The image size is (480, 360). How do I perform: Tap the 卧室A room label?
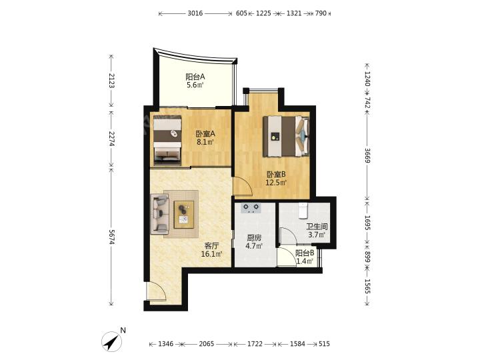205,134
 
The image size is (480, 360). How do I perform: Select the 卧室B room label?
276,175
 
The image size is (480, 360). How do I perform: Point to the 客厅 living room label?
211,245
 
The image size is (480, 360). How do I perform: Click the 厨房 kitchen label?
254,237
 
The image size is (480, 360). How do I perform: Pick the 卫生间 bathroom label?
317,227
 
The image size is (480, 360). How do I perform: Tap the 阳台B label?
305,253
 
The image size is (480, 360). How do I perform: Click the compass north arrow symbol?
112,341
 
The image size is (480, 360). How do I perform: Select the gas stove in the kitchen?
251,208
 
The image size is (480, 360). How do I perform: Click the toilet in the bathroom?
303,211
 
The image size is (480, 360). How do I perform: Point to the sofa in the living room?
159,214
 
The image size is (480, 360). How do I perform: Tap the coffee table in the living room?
184,214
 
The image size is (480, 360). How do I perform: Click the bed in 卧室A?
167,140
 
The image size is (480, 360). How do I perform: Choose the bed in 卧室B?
286,136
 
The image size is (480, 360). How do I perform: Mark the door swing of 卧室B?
243,186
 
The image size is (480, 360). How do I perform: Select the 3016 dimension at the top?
195,13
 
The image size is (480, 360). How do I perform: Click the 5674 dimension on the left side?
111,237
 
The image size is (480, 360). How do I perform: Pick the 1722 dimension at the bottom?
255,344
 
